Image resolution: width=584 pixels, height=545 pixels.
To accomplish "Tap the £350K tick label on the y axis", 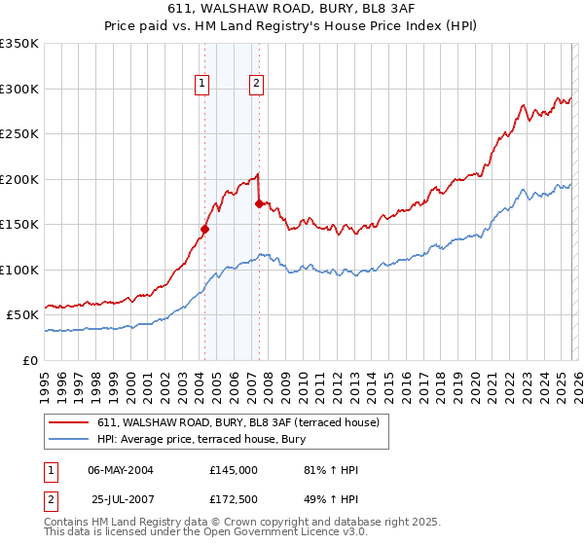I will click(19, 44).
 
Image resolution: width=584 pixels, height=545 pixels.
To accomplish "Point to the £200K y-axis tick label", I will click(19, 179).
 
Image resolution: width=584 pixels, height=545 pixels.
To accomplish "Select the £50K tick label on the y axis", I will click(22, 315).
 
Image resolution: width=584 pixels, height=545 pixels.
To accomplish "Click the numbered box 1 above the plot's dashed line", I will click(202, 84).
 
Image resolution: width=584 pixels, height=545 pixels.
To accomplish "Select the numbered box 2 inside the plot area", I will click(256, 84).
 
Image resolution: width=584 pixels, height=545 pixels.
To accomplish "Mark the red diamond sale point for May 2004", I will click(204, 230).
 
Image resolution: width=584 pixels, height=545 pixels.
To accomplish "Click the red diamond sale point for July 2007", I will click(259, 204).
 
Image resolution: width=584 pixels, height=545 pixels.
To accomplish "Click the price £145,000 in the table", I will click(234, 470).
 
